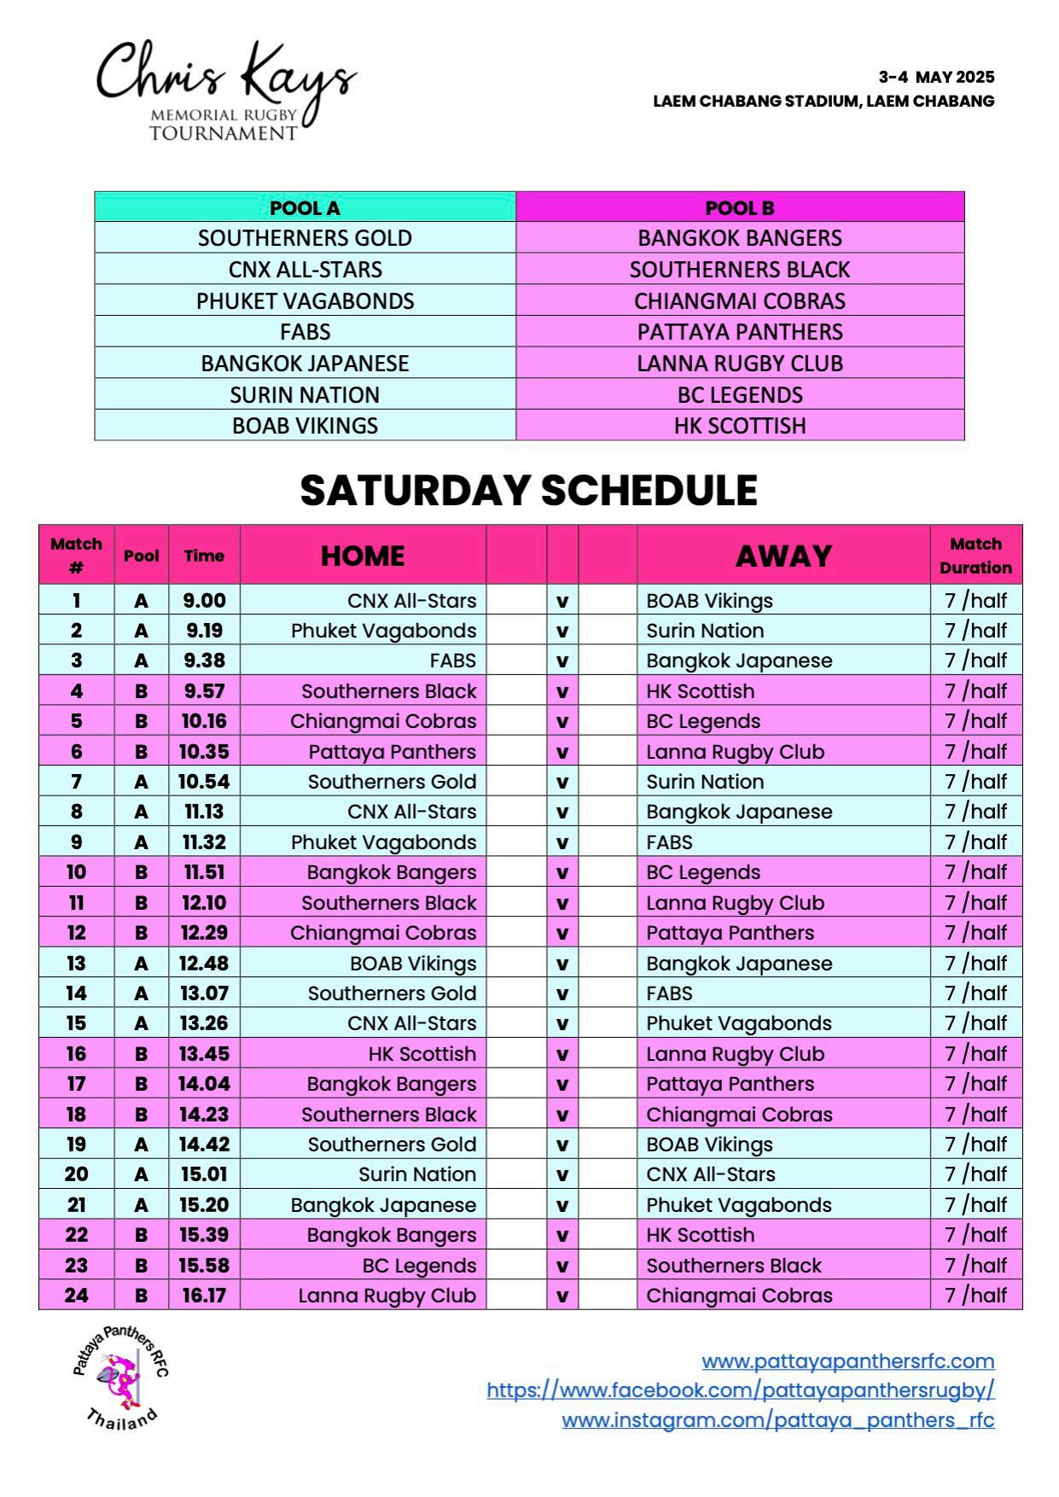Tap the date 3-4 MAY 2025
tap(936, 77)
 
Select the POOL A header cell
tap(305, 207)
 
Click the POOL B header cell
tap(739, 207)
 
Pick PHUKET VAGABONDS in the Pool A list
tap(305, 300)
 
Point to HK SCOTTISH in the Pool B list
tap(739, 426)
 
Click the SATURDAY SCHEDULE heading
tap(528, 491)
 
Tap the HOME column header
tap(363, 556)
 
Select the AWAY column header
tap(783, 556)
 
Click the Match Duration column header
tap(975, 556)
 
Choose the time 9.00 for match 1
tap(204, 601)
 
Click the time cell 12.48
tap(204, 964)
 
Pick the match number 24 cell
tap(76, 1296)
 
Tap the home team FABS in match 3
tap(452, 661)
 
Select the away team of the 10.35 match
tap(735, 752)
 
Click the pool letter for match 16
tap(141, 1054)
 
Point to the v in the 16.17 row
tap(562, 1296)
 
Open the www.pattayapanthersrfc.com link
tap(847, 1360)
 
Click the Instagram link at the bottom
tap(777, 1420)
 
